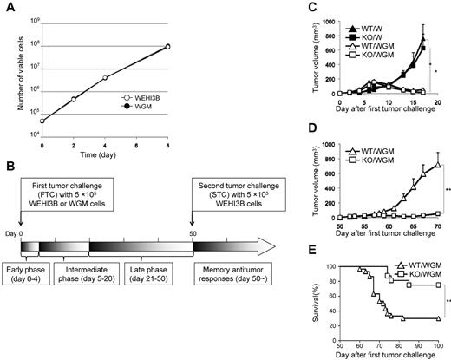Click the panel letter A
pos(8,8)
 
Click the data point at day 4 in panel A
pos(128,78)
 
